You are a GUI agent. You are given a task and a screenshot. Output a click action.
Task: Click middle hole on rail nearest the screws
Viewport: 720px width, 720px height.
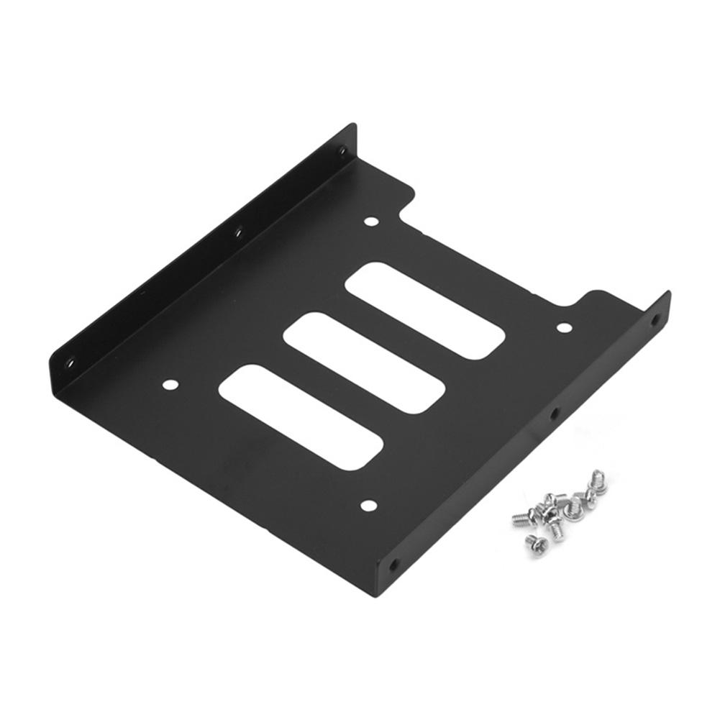[x=555, y=414]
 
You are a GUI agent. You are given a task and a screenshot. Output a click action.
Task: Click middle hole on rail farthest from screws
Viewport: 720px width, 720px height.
[x=239, y=232]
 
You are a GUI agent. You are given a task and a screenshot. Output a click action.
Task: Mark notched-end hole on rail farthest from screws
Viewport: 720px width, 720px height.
[x=342, y=152]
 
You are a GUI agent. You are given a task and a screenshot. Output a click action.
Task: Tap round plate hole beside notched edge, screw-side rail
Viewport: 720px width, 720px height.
[x=563, y=328]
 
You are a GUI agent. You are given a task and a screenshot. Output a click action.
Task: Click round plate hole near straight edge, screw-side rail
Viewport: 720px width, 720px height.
[x=367, y=506]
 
